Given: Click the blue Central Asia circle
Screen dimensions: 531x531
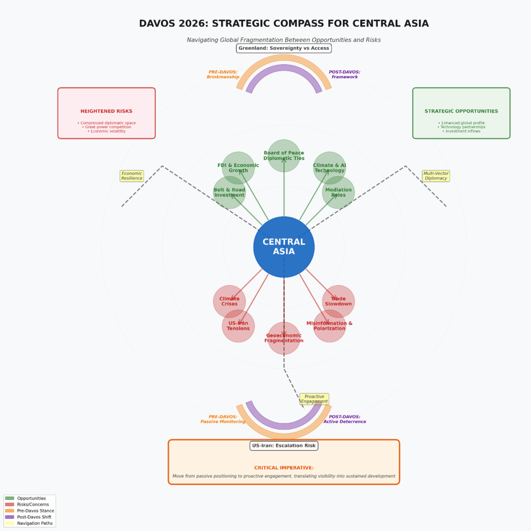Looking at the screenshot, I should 284,247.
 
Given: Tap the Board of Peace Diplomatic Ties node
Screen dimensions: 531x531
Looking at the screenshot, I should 284,156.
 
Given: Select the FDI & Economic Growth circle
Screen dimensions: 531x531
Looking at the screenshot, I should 238,168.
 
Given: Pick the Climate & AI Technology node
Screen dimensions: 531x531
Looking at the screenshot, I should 329,168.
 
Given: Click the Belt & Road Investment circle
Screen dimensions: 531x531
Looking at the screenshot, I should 229,192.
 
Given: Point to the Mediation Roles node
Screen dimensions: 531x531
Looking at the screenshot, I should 338,192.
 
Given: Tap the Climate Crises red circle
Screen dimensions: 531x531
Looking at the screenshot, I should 229,301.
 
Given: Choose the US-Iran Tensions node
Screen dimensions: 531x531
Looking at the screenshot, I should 238,326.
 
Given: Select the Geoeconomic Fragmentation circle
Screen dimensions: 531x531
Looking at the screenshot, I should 284,338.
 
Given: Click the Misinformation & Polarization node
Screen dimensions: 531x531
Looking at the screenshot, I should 329,326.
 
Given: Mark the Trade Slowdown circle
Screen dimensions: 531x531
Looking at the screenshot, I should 338,301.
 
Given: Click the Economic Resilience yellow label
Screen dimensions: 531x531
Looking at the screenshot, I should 132,176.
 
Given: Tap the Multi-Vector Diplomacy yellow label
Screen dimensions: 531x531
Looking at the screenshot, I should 436,176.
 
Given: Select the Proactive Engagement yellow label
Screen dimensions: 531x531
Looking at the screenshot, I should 314,399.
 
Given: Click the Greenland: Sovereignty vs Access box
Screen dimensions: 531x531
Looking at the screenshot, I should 284,48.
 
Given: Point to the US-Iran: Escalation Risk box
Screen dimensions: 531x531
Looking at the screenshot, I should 284,445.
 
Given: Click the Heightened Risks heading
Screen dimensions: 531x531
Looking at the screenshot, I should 106,111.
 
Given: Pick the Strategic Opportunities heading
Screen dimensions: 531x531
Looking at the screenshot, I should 461,111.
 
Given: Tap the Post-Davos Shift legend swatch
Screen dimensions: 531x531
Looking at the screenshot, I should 10,517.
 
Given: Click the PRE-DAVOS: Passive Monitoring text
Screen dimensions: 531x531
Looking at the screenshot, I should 223,419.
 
